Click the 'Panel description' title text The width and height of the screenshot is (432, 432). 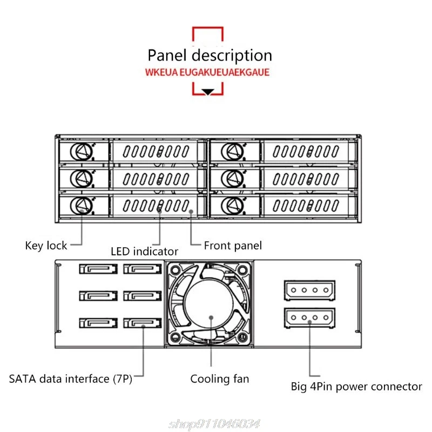(x=210, y=56)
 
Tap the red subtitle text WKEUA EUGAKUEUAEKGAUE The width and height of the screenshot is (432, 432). (x=207, y=72)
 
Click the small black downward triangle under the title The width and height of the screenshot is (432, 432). (x=208, y=92)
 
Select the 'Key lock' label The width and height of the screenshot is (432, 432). (x=46, y=246)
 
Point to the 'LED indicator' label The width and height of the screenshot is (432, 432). (x=144, y=251)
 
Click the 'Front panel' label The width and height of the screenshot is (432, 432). (x=233, y=246)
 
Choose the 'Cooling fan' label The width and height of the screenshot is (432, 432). (x=220, y=379)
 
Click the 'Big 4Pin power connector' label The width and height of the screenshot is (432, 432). (x=356, y=386)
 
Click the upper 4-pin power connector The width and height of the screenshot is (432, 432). (x=309, y=290)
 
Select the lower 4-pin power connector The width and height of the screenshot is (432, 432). (x=309, y=318)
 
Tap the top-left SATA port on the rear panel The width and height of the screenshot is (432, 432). (x=98, y=268)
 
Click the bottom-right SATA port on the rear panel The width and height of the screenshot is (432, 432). (x=143, y=323)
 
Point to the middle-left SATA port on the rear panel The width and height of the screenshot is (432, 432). (x=98, y=295)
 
